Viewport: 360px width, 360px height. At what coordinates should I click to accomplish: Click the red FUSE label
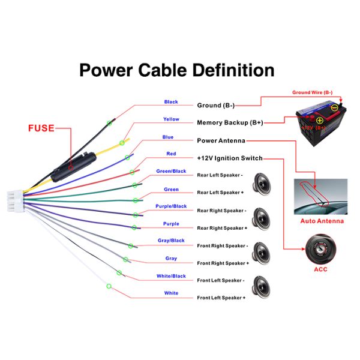point(40,128)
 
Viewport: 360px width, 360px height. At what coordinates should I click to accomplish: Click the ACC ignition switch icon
point(321,248)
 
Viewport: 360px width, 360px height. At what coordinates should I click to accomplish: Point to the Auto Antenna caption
point(322,221)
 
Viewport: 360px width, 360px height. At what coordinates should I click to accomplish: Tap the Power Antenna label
point(221,140)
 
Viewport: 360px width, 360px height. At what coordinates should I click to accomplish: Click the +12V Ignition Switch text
point(230,158)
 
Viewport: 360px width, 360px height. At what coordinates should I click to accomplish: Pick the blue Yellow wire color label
point(171,119)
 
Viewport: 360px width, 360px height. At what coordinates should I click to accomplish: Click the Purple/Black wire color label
point(171,206)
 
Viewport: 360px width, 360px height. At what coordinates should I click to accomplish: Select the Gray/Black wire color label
point(171,241)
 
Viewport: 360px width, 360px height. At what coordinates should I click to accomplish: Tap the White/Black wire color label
point(171,276)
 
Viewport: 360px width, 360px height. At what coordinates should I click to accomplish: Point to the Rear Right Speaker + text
point(221,228)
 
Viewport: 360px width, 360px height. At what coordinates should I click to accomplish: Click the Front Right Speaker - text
point(221,245)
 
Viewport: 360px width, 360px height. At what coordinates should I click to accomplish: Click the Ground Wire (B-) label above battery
point(312,92)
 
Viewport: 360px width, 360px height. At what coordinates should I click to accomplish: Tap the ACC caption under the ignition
point(321,269)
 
